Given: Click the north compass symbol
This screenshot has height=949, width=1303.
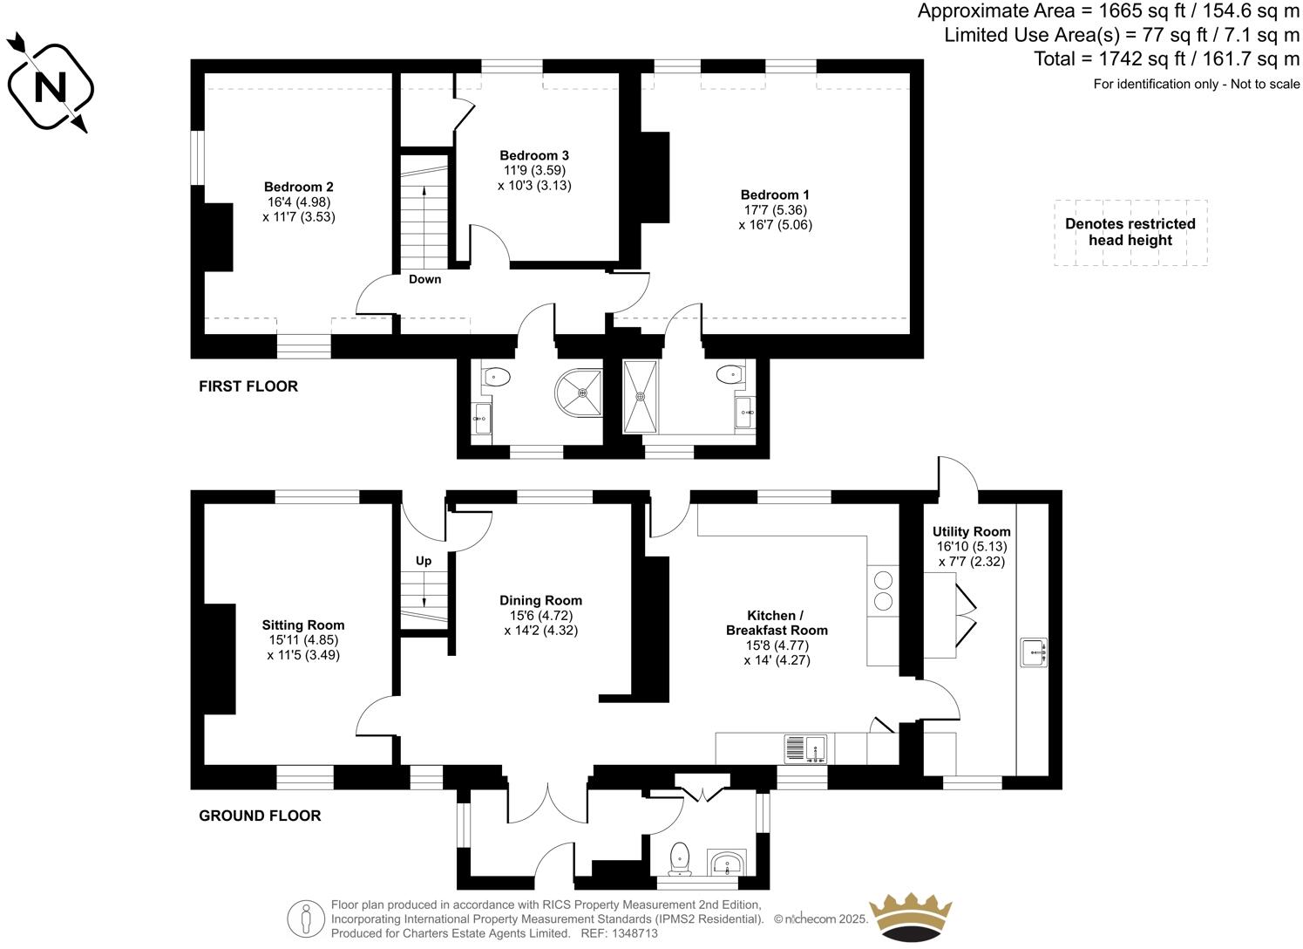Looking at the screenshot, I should click(x=49, y=85).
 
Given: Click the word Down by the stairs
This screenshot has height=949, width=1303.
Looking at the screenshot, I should click(x=424, y=279).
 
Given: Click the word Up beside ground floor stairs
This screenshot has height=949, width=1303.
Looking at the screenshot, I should click(x=424, y=561).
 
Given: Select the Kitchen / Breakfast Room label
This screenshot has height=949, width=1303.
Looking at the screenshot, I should click(x=776, y=638).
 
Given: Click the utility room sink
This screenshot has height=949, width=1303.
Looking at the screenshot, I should click(x=1035, y=652).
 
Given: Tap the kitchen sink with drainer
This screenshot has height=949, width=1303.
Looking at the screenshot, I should click(x=805, y=748).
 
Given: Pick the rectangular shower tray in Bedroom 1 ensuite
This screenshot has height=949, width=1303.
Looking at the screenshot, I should click(x=641, y=396).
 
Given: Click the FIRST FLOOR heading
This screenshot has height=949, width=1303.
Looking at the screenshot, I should click(x=248, y=386).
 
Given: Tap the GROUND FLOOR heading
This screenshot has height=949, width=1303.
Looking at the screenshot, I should click(x=260, y=816).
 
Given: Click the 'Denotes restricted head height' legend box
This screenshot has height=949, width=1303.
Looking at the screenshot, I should click(x=1130, y=232).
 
